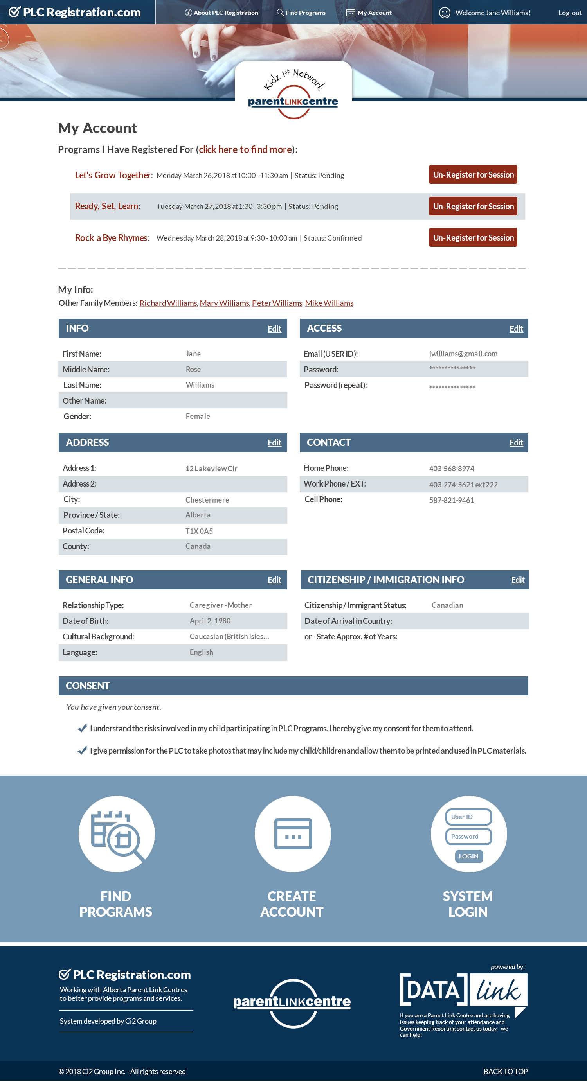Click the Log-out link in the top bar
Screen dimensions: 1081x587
pos(569,13)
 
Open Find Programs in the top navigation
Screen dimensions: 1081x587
pos(301,13)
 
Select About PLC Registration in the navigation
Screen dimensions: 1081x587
pos(222,13)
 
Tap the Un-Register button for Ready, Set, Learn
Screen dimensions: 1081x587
pos(473,206)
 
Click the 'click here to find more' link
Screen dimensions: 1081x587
pos(245,149)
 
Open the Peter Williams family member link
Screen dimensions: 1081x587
pos(277,303)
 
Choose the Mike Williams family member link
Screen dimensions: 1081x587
pos(329,303)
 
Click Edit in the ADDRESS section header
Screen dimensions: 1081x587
pos(274,442)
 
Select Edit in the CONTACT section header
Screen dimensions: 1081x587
pos(516,442)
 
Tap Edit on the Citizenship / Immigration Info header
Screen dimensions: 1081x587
pos(518,580)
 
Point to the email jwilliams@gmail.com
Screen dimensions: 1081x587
pos(463,354)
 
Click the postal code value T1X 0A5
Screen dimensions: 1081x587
pos(199,531)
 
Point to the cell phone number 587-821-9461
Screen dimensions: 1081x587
pos(451,500)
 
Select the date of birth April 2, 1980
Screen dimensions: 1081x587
pos(210,621)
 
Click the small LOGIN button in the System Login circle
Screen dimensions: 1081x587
pos(468,856)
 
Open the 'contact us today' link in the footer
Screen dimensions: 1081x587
pos(477,1029)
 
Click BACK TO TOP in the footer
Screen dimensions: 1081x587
pos(505,1071)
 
